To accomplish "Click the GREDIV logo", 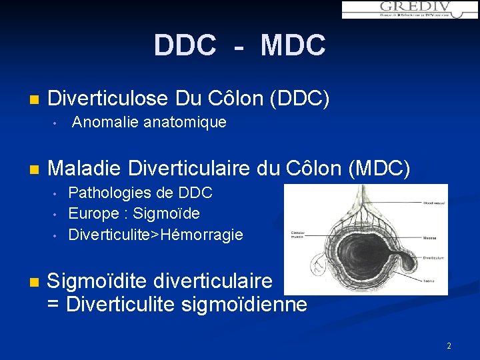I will [409, 9].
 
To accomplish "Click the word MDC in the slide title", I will [293, 46].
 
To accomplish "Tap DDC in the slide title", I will [185, 46].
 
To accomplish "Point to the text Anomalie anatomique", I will [149, 123].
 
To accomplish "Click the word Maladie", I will [84, 168].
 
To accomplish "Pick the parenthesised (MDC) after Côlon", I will [379, 168].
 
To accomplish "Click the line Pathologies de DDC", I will [140, 193].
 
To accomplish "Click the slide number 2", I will [449, 346].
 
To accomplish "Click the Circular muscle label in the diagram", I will [297, 235].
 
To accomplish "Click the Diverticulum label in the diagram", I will [433, 258].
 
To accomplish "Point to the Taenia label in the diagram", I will [429, 281].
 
